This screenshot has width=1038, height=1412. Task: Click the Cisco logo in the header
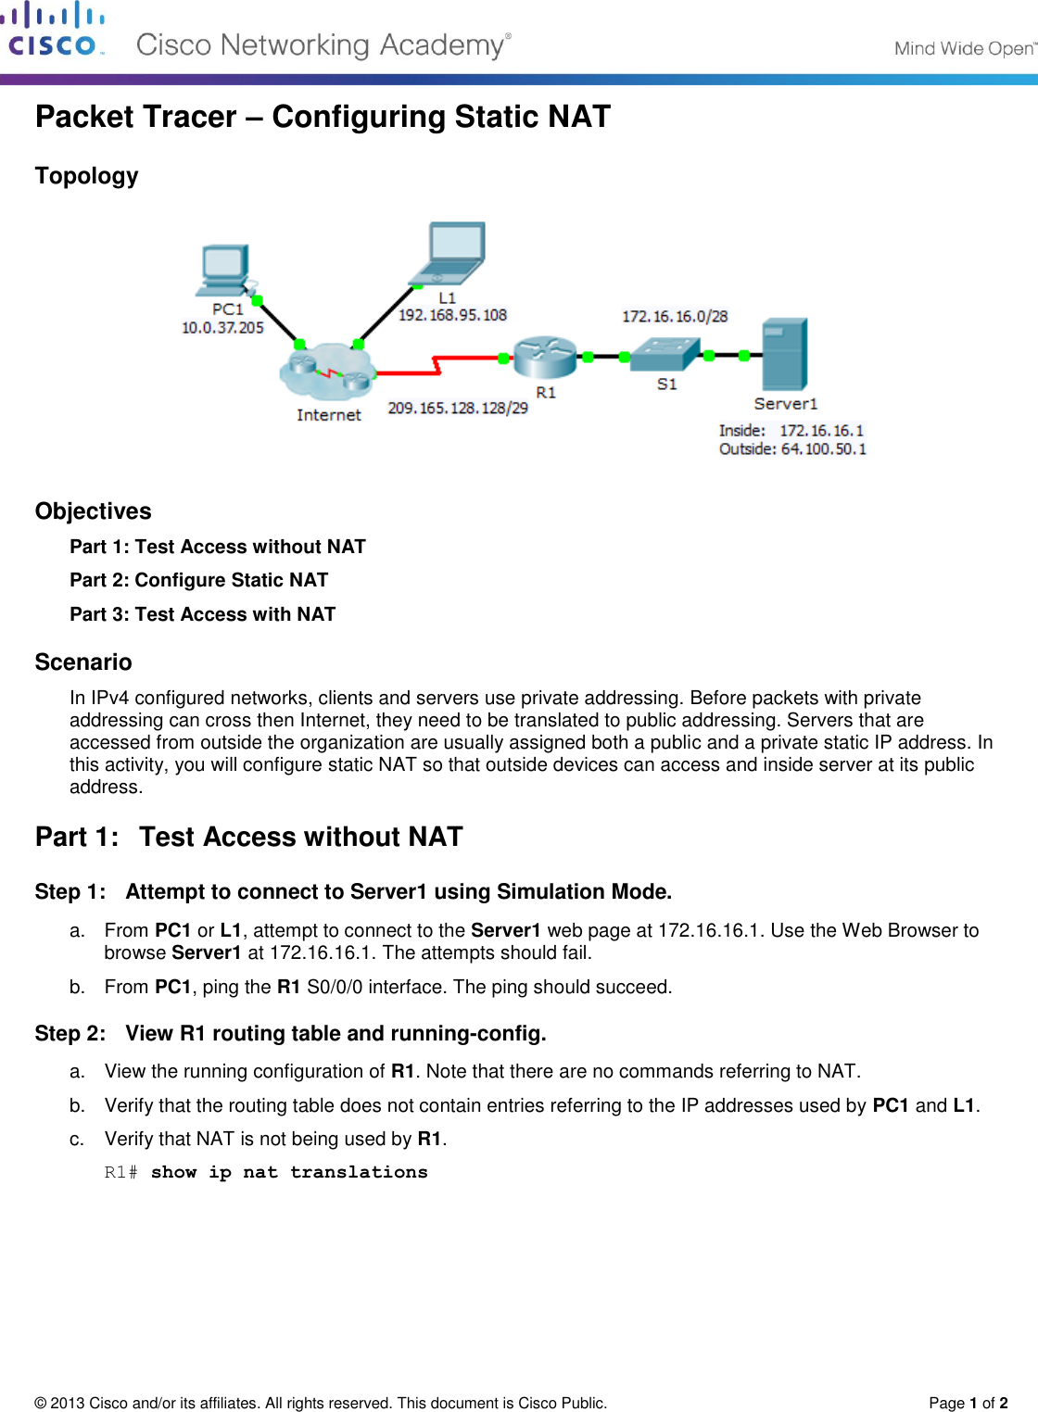click(53, 30)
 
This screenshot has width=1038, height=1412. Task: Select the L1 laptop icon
click(452, 252)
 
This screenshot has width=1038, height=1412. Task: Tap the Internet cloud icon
click(327, 372)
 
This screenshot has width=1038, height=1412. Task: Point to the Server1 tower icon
click(784, 354)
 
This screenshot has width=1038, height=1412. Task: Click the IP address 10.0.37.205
click(222, 328)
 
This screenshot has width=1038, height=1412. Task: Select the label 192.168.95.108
click(452, 315)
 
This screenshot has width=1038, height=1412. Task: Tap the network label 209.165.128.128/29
click(457, 408)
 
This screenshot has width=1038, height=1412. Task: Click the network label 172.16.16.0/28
click(674, 317)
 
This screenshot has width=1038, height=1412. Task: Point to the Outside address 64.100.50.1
click(823, 449)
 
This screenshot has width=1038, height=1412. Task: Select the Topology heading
click(86, 176)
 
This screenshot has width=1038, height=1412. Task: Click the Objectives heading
click(93, 511)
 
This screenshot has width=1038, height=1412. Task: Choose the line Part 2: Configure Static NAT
click(198, 580)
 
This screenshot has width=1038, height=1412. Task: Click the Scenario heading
click(83, 662)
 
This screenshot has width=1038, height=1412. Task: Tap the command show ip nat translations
click(289, 1172)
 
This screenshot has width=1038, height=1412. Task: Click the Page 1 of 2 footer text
click(968, 1403)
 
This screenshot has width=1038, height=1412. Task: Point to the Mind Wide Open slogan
click(964, 48)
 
